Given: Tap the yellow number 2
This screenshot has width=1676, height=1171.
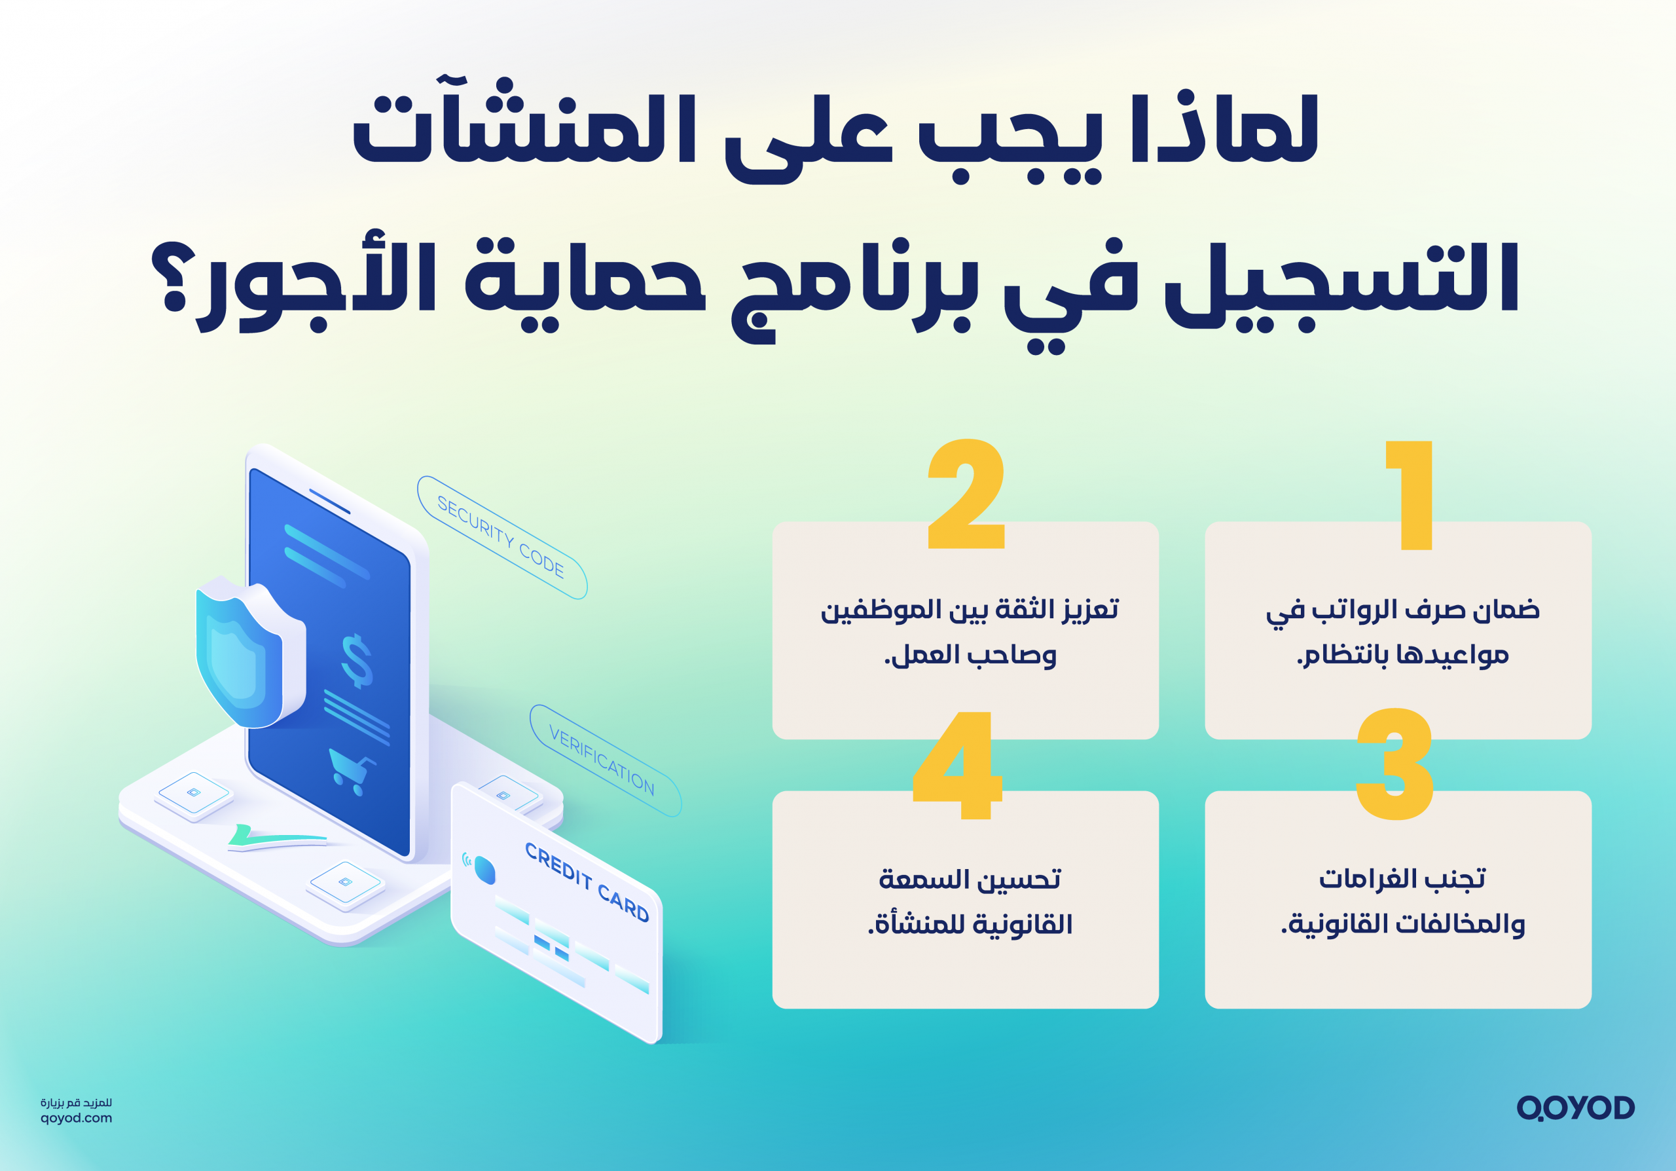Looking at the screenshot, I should tap(966, 494).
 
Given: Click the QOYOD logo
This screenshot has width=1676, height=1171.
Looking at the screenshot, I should tap(1575, 1107).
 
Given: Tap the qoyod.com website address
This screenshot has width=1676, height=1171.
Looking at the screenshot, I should tap(76, 1118).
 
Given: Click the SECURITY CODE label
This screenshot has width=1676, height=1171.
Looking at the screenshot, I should tap(501, 536).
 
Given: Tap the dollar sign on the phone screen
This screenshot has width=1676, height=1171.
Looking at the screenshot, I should tap(357, 660).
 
